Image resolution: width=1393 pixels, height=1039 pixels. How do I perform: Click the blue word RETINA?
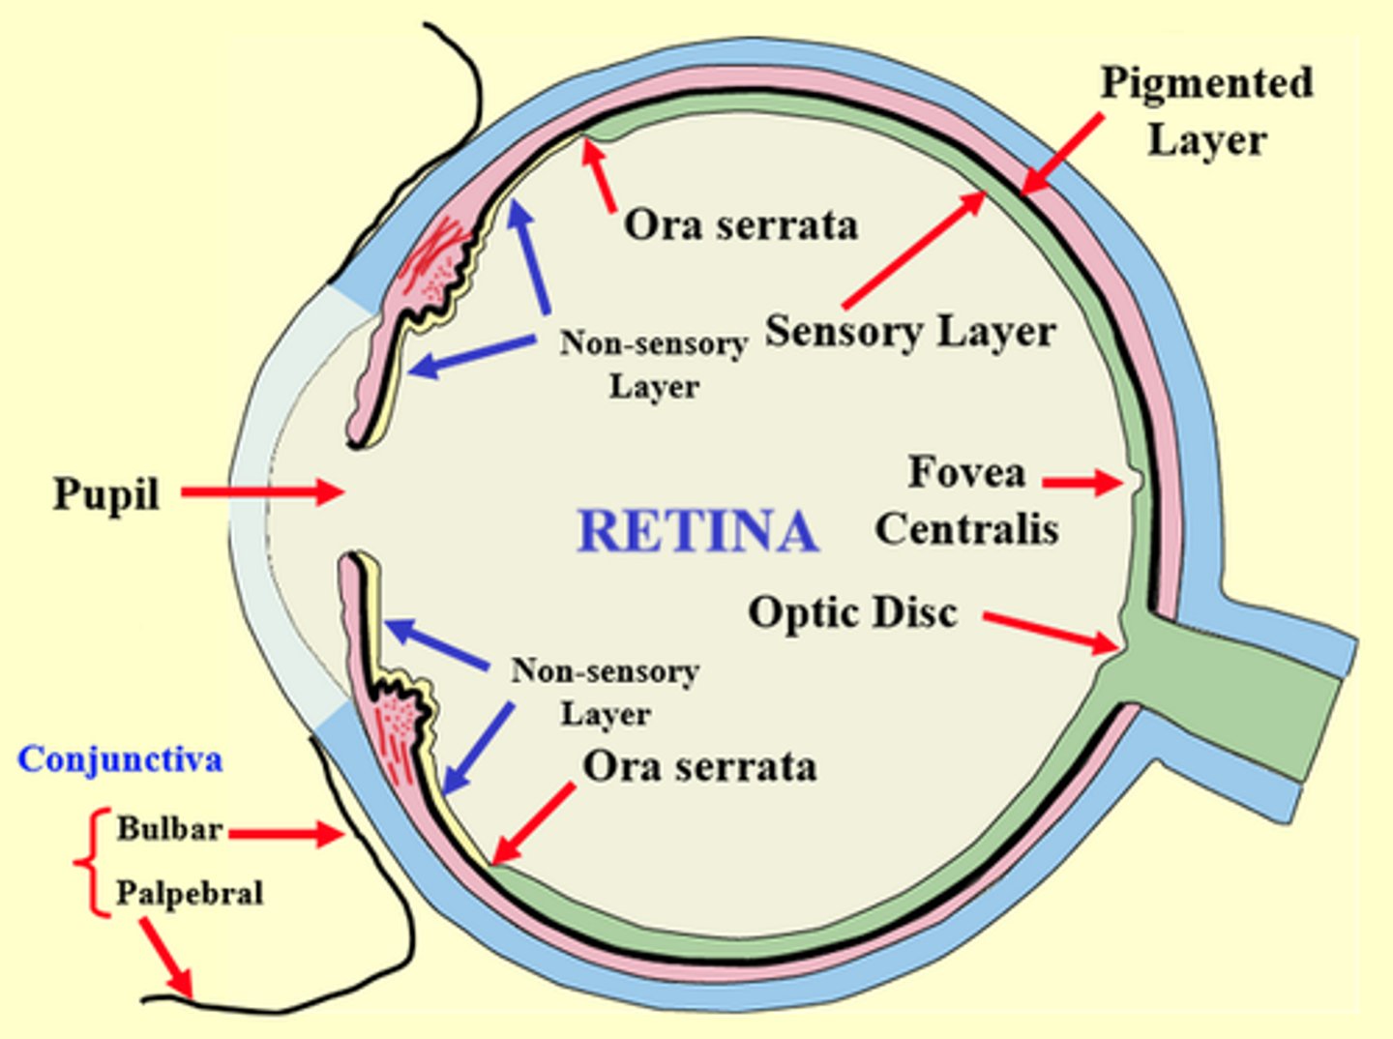click(x=696, y=531)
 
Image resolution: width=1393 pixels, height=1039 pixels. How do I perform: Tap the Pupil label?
click(x=105, y=494)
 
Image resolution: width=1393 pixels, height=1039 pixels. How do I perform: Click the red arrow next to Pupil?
click(x=262, y=492)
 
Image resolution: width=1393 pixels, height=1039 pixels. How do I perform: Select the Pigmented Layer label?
click(x=1206, y=110)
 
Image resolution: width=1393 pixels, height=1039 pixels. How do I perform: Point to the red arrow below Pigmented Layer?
click(x=1063, y=154)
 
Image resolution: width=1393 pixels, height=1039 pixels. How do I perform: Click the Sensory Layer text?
click(x=909, y=332)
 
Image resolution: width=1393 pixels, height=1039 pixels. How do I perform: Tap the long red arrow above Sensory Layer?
click(x=914, y=250)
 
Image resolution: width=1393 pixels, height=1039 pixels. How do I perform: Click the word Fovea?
click(x=966, y=473)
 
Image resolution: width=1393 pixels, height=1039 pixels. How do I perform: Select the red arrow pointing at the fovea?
click(x=1082, y=481)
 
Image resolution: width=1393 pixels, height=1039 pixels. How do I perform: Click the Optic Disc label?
click(x=852, y=612)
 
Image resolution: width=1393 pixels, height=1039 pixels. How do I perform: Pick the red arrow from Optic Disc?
click(x=1050, y=632)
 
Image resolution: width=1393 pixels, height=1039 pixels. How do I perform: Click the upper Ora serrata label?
click(x=740, y=225)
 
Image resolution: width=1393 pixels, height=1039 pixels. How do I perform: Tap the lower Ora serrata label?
click(x=699, y=766)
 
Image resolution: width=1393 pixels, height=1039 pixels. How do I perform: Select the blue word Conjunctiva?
click(x=120, y=759)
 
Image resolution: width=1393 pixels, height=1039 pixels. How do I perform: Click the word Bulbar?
click(x=169, y=829)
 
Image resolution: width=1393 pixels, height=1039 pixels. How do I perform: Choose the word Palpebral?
click(x=190, y=893)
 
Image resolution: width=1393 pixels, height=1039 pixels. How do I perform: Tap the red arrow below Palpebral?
click(x=166, y=958)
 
